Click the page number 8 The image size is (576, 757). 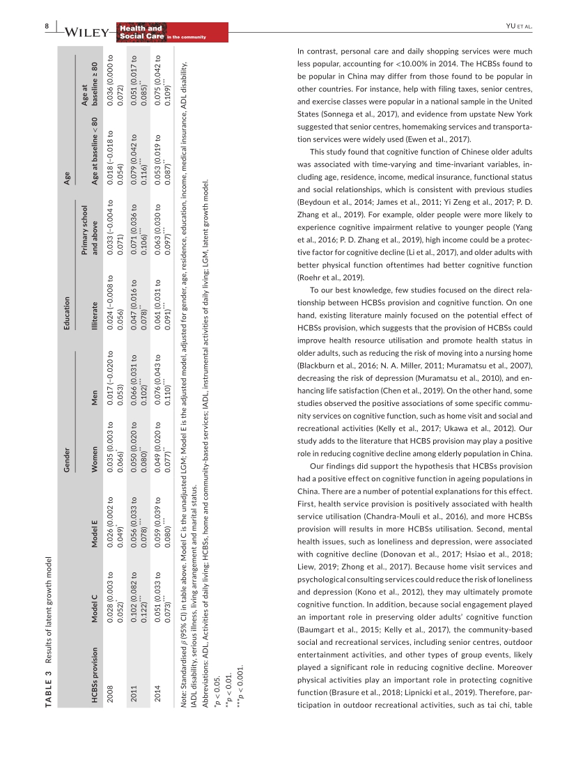(47, 26)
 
